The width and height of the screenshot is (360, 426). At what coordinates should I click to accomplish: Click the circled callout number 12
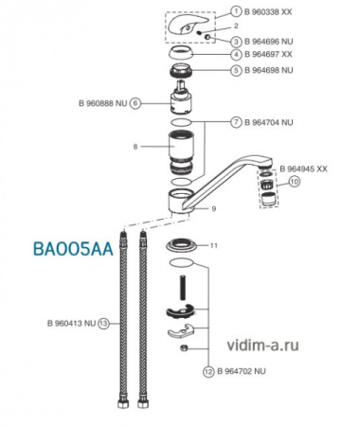point(208,371)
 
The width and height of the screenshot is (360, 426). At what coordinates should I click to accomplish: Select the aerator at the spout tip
point(270,193)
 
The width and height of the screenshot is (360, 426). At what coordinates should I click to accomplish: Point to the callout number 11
point(214,245)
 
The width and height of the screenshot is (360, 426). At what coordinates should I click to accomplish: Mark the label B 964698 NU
point(275,69)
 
